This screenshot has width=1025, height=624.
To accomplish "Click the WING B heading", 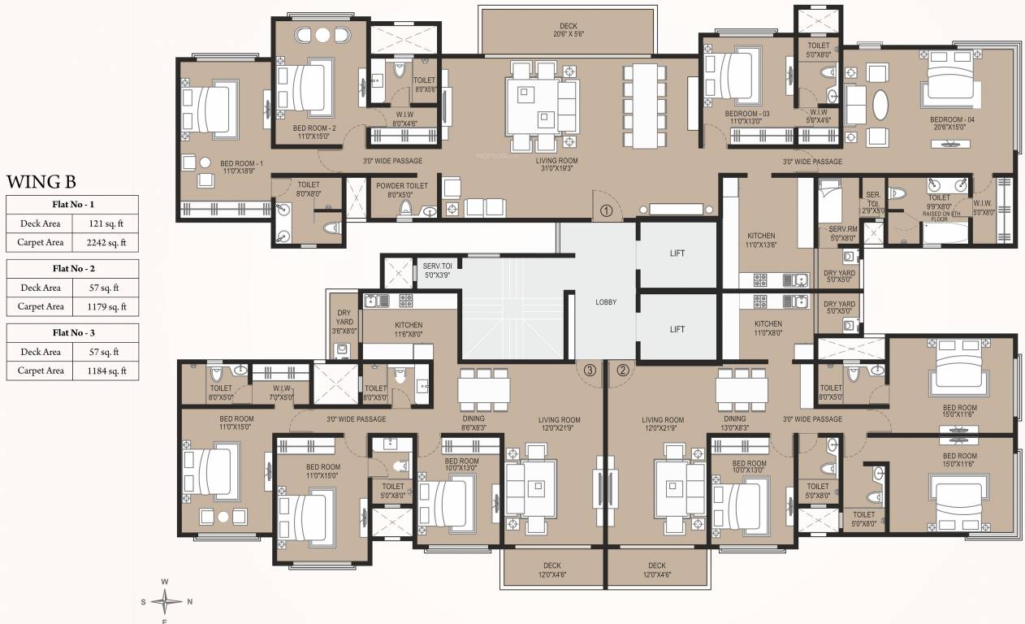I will (x=41, y=180).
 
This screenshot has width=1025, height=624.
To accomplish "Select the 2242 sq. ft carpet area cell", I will (x=103, y=242).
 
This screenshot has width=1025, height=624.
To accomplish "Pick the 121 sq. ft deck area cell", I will (x=103, y=222).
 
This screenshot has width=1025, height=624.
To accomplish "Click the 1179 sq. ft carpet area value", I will (x=103, y=306).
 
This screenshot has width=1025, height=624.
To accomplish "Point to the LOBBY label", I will (x=606, y=301).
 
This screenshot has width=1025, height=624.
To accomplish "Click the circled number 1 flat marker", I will (x=606, y=210).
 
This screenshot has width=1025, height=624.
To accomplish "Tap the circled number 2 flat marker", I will (x=623, y=370).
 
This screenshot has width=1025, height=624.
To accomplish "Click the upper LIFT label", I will (x=677, y=253).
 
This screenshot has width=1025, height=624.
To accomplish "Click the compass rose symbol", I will (x=166, y=602).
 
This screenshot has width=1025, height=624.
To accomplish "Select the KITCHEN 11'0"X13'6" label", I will (x=761, y=240).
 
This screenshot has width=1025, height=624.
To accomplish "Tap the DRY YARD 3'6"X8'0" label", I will (x=344, y=321).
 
